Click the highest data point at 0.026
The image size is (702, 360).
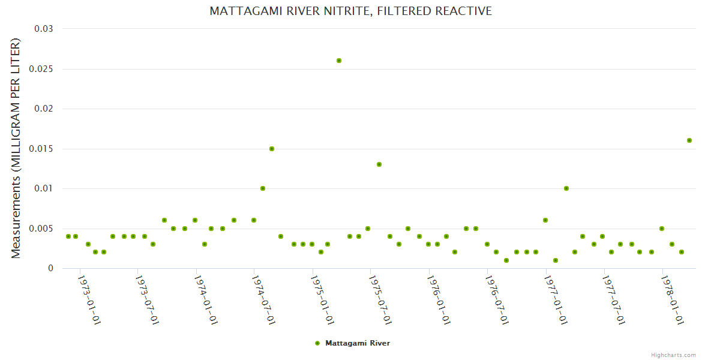coord(339,61)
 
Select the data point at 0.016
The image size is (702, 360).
coord(689,140)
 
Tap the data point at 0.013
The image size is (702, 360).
coord(379,164)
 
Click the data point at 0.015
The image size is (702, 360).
coord(272,149)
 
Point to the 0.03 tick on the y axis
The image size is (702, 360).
coord(44,29)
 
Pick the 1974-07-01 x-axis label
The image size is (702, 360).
coord(264,300)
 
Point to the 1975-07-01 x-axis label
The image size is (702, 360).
coord(381,300)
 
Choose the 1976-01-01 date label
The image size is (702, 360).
coord(439,300)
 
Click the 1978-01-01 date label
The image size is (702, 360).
coord(673,300)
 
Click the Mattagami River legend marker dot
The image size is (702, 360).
coord(317,343)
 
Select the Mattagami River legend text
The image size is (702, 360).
coord(358,343)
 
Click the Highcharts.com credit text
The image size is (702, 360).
coord(673,355)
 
